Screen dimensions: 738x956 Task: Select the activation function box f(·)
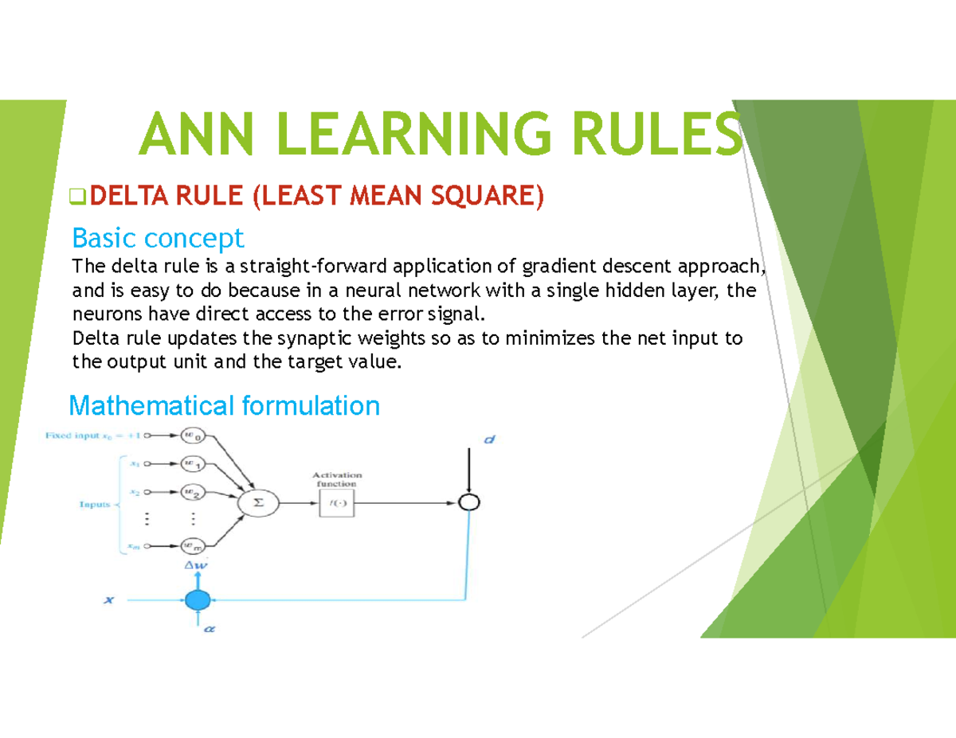(338, 503)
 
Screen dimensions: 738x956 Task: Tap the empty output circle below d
(470, 502)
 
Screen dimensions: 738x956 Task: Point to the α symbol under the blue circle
(210, 629)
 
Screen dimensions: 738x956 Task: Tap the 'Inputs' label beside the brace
(94, 504)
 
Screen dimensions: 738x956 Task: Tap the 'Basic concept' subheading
(158, 237)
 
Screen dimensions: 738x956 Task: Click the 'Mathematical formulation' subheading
(224, 406)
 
